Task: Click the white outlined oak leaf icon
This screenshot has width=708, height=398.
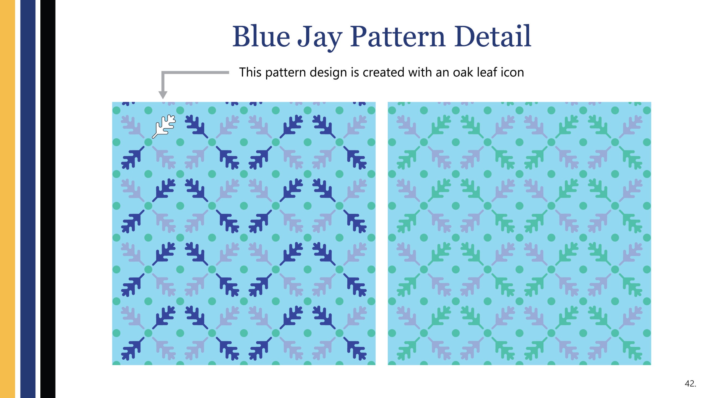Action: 164,126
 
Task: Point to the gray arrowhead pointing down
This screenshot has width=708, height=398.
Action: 163,95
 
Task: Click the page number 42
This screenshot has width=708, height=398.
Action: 690,383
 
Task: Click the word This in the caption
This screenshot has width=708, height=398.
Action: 250,72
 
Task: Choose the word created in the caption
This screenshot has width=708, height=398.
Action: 384,72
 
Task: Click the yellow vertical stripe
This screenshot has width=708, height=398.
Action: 7,199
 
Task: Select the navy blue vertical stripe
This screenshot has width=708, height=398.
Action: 28,199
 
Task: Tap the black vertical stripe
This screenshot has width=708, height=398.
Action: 48,199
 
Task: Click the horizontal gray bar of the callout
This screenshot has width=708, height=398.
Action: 195,73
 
